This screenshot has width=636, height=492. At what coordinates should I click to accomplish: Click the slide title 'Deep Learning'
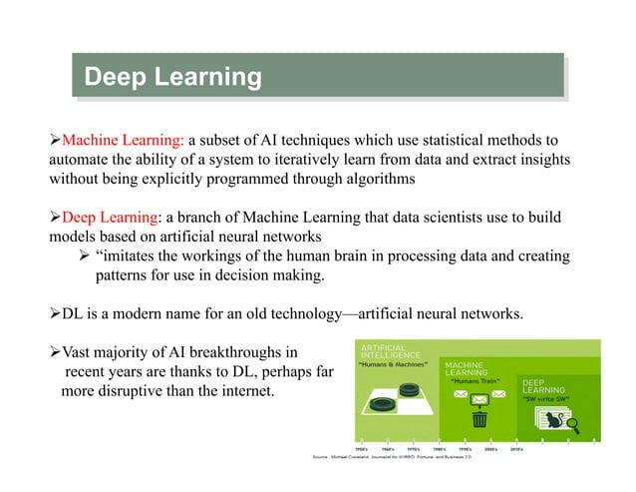(172, 77)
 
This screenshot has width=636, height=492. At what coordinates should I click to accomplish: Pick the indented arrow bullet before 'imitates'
(85, 256)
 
